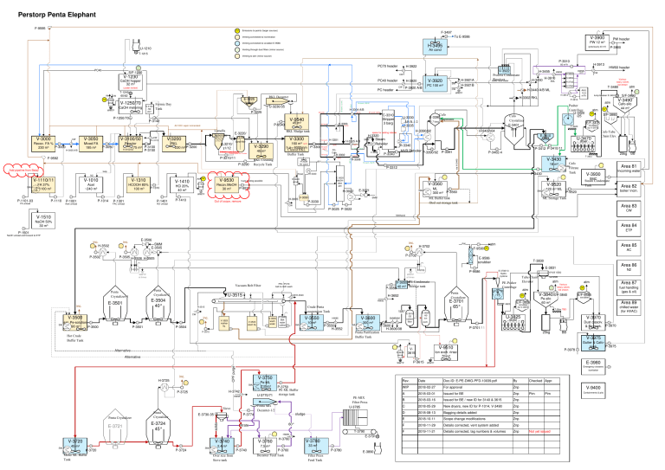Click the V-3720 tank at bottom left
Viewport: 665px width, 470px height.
coord(52,443)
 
